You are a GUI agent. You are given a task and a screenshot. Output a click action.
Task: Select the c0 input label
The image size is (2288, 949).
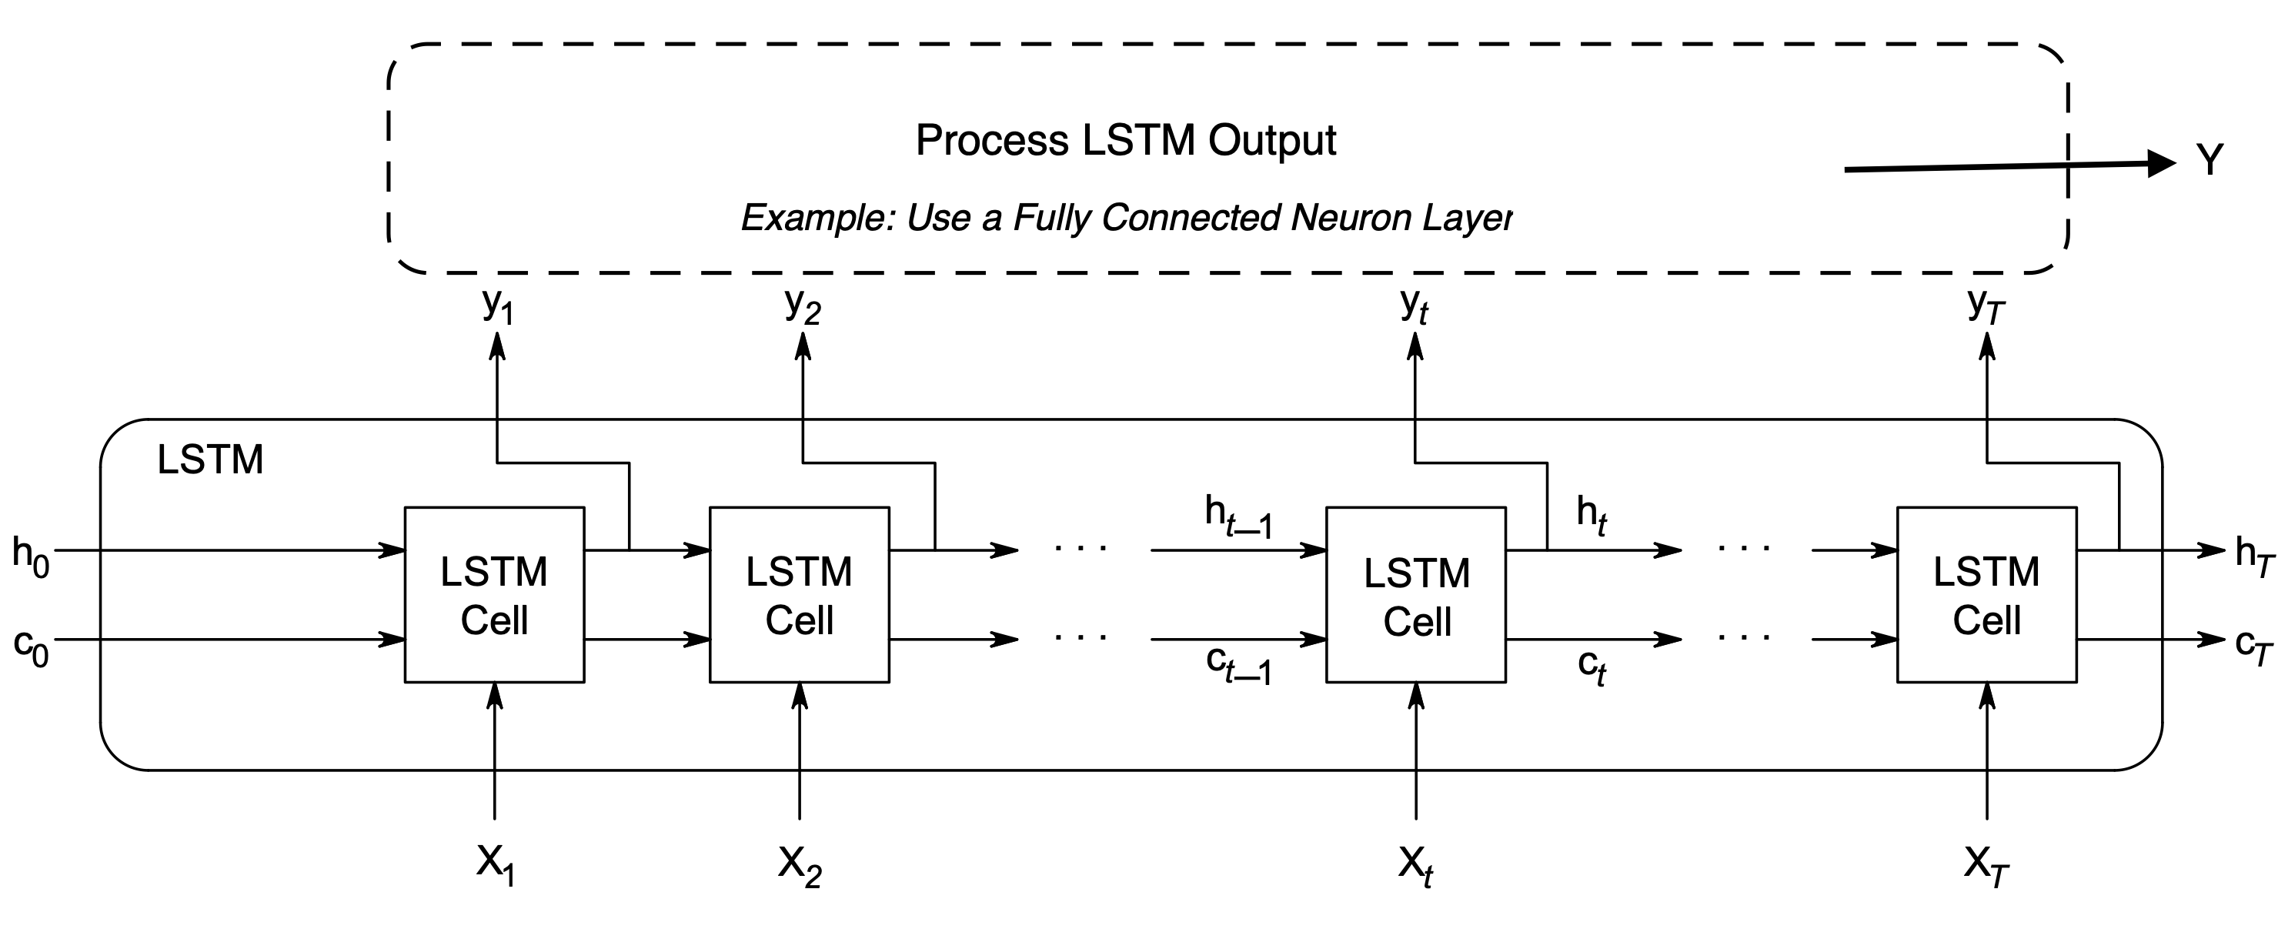[x=30, y=646]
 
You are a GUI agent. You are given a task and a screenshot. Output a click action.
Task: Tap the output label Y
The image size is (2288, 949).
[x=2210, y=160]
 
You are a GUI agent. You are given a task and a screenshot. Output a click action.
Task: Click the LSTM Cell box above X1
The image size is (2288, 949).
[x=495, y=594]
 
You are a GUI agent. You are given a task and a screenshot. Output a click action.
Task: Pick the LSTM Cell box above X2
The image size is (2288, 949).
[x=800, y=594]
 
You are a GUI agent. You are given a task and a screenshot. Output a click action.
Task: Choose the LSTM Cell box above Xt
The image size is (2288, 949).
[x=1416, y=594]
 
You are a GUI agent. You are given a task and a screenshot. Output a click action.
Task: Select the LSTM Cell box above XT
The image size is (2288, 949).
[x=1987, y=594]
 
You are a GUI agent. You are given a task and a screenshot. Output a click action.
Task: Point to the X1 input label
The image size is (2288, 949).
[x=495, y=864]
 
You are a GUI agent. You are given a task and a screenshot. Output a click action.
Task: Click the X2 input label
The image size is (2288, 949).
[x=800, y=864]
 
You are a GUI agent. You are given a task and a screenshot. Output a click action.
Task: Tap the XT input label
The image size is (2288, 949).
[x=1986, y=864]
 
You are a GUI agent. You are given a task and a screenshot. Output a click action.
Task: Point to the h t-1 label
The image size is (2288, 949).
[x=1238, y=516]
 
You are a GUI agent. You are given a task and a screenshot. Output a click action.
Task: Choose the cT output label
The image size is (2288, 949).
[x=2254, y=648]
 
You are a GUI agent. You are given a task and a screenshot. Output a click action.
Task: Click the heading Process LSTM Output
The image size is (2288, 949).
[x=1125, y=140]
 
